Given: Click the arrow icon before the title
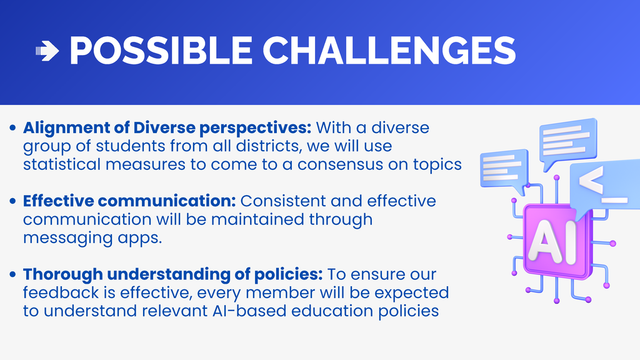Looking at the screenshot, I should point(47,52).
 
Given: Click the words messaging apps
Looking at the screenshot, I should point(92,238).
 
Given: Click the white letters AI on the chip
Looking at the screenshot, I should point(552,240).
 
